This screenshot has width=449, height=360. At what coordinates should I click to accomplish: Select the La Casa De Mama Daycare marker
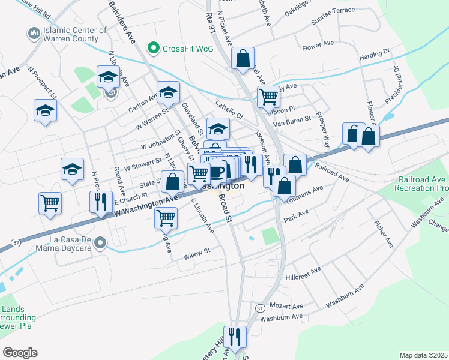101,244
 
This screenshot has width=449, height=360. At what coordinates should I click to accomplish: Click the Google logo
20,353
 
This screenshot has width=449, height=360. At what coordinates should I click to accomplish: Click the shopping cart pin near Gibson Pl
268,96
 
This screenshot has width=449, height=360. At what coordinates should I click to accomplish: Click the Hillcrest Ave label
303,275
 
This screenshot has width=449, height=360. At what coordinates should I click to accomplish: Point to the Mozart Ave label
286,305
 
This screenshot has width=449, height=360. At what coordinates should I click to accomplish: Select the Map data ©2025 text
423,355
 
